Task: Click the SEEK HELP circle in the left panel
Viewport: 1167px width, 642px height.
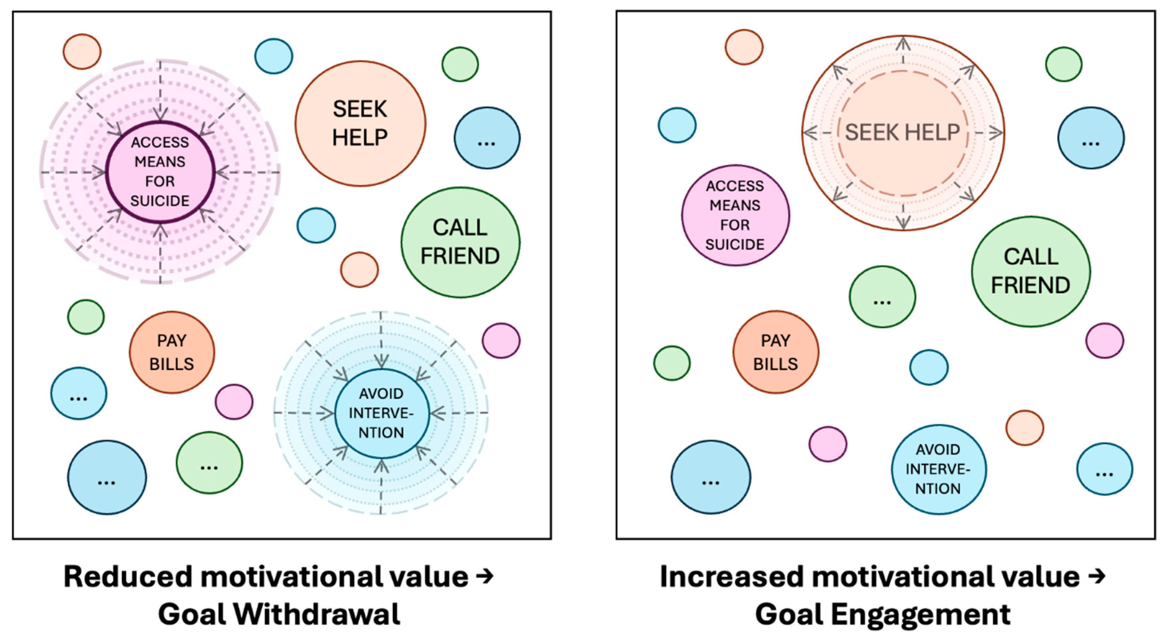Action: tap(360, 123)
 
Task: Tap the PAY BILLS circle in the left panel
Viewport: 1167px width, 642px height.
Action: tap(172, 352)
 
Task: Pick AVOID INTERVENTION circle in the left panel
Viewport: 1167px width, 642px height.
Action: tap(381, 413)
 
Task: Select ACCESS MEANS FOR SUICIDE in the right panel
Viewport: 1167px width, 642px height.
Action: tap(735, 215)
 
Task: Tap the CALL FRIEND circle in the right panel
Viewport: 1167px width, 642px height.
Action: tap(1031, 271)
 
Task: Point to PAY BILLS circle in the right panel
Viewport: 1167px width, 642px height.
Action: tap(776, 352)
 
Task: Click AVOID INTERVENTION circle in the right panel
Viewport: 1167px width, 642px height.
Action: tap(938, 469)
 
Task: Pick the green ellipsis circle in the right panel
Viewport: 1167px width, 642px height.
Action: tap(882, 297)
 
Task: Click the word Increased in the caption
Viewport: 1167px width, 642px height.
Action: tap(732, 577)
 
